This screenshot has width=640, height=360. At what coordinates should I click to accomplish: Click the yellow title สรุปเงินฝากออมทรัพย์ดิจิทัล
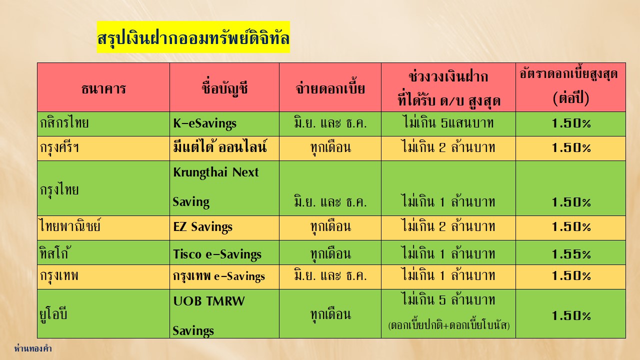(193, 37)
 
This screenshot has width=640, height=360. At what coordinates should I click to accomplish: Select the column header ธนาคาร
(103, 88)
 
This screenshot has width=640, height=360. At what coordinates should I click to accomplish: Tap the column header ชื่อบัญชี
(224, 88)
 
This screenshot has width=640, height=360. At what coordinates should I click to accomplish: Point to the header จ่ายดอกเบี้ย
(330, 88)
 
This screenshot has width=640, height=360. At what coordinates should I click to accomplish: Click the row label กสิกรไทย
(64, 123)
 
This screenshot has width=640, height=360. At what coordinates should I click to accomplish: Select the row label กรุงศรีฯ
(59, 147)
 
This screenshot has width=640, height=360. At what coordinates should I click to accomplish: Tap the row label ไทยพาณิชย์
(70, 226)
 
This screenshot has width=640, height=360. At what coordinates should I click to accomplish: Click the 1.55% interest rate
(571, 253)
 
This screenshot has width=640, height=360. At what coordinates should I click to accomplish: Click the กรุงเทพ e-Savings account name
(219, 276)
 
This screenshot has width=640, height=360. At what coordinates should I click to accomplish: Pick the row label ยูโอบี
(53, 314)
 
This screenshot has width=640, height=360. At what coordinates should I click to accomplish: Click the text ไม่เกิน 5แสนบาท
(448, 122)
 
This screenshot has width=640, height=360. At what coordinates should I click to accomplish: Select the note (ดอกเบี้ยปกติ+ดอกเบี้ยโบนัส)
(449, 325)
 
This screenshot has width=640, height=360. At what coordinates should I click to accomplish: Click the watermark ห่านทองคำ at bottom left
(33, 348)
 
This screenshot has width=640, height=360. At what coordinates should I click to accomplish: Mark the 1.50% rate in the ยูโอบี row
(571, 315)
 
